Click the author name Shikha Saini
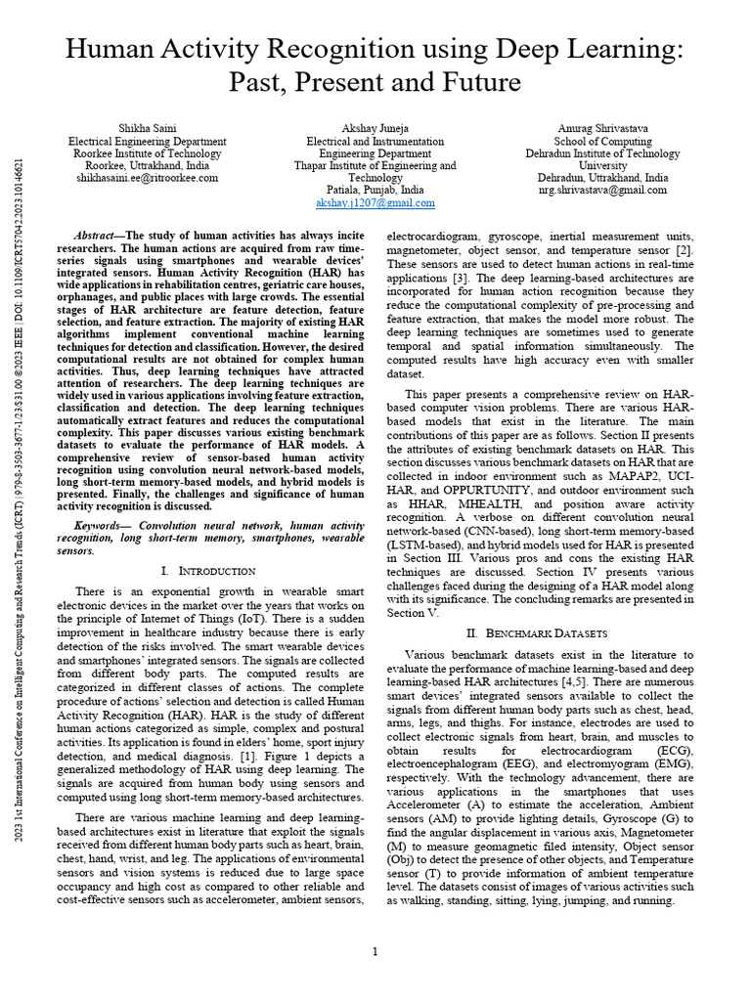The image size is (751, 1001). (x=147, y=128)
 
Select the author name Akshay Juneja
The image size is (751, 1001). (x=375, y=128)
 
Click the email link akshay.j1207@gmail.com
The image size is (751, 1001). (x=375, y=203)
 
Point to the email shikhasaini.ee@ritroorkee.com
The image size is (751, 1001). (x=147, y=179)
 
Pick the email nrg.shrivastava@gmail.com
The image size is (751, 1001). (x=602, y=191)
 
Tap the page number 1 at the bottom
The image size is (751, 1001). (x=375, y=951)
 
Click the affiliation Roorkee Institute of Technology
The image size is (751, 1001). (x=147, y=153)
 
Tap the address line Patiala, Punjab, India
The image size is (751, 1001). (x=375, y=191)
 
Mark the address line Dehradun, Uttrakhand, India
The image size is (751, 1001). (x=602, y=178)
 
